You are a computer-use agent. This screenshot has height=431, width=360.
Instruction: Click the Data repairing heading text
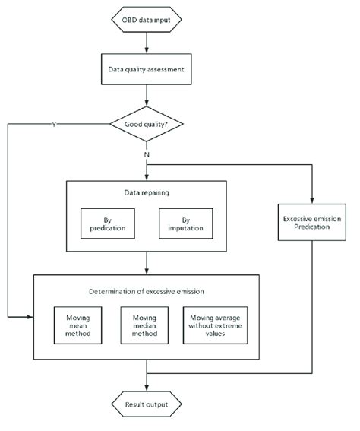click(145, 193)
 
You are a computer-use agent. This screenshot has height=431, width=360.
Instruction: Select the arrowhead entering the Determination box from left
click(30, 315)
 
